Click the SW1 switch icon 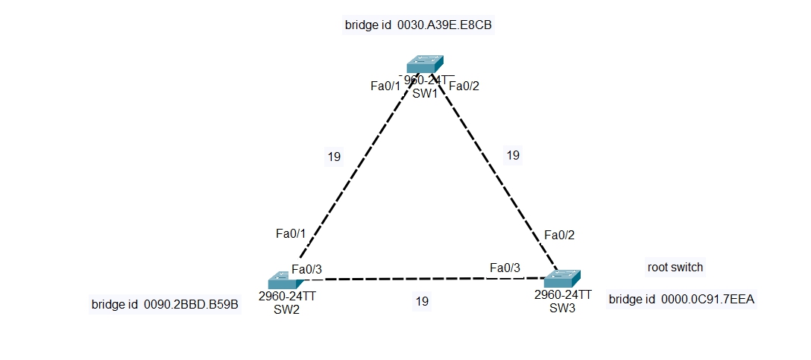pyautogui.click(x=425, y=64)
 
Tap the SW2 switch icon pyautogui.click(x=283, y=280)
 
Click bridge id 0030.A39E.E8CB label pyautogui.click(x=418, y=25)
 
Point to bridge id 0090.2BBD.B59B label pyautogui.click(x=165, y=305)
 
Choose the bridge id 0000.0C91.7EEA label pyautogui.click(x=681, y=300)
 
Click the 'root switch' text pyautogui.click(x=675, y=267)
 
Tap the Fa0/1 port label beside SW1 pyautogui.click(x=385, y=86)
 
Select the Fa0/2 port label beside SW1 pyautogui.click(x=464, y=86)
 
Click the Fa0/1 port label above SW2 pyautogui.click(x=291, y=233)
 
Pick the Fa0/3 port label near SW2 pyautogui.click(x=306, y=269)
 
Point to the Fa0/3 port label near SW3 pyautogui.click(x=505, y=268)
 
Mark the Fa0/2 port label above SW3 pyautogui.click(x=559, y=236)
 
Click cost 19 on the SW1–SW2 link pyautogui.click(x=334, y=157)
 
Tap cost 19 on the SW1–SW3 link pyautogui.click(x=513, y=155)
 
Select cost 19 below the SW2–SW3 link pyautogui.click(x=422, y=301)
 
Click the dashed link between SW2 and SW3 pyautogui.click(x=417, y=280)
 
